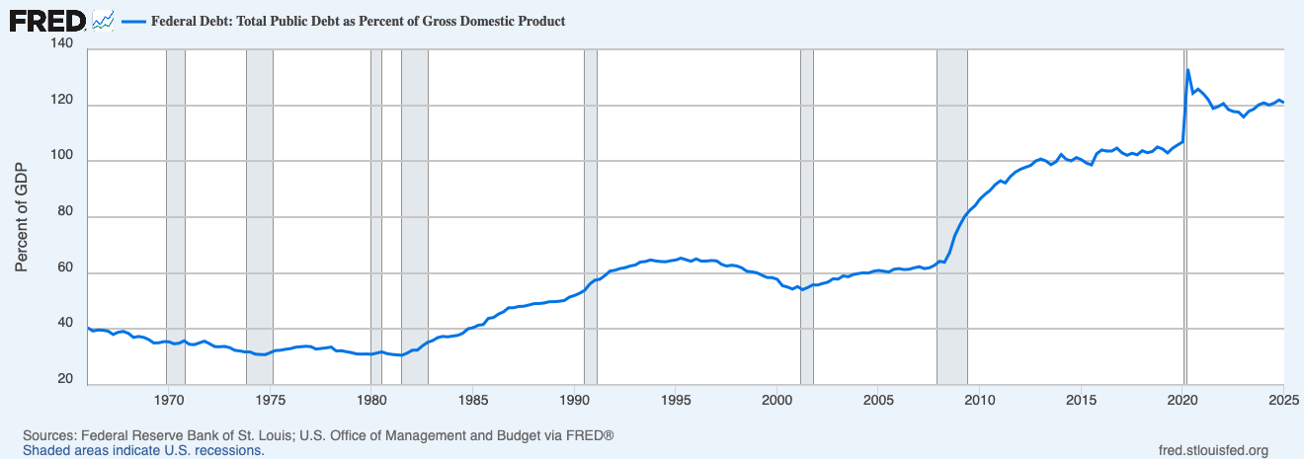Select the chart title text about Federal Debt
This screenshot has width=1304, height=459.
pos(358,21)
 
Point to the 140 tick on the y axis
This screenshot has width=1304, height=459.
pos(62,44)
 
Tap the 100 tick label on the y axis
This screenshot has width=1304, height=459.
pos(62,161)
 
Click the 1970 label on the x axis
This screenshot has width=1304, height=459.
pos(169,400)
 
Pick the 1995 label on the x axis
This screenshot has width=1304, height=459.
pos(677,400)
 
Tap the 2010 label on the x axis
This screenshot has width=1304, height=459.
pos(979,400)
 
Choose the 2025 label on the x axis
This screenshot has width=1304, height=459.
pos(1282,400)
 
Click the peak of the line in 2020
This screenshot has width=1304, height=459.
pos(1187,70)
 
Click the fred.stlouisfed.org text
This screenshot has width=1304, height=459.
pos(1212,450)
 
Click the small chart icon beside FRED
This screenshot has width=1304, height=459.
pos(103,20)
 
